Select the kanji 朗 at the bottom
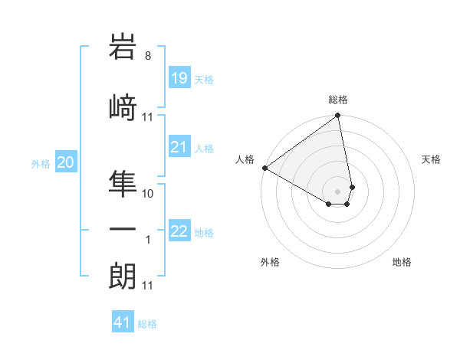(123, 275)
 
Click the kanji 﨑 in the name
(123, 106)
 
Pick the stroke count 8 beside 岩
(148, 56)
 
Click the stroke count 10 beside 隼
(149, 194)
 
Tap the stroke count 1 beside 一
(148, 240)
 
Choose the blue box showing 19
(179, 78)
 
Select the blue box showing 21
(179, 147)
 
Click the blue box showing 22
(179, 231)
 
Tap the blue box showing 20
(66, 162)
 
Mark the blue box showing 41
(123, 322)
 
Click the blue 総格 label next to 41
(147, 324)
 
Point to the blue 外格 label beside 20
(41, 164)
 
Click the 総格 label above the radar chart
(338, 100)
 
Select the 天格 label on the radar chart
(431, 159)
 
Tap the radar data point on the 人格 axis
(264, 168)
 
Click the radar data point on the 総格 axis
(338, 116)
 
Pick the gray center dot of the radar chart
(337, 191)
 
